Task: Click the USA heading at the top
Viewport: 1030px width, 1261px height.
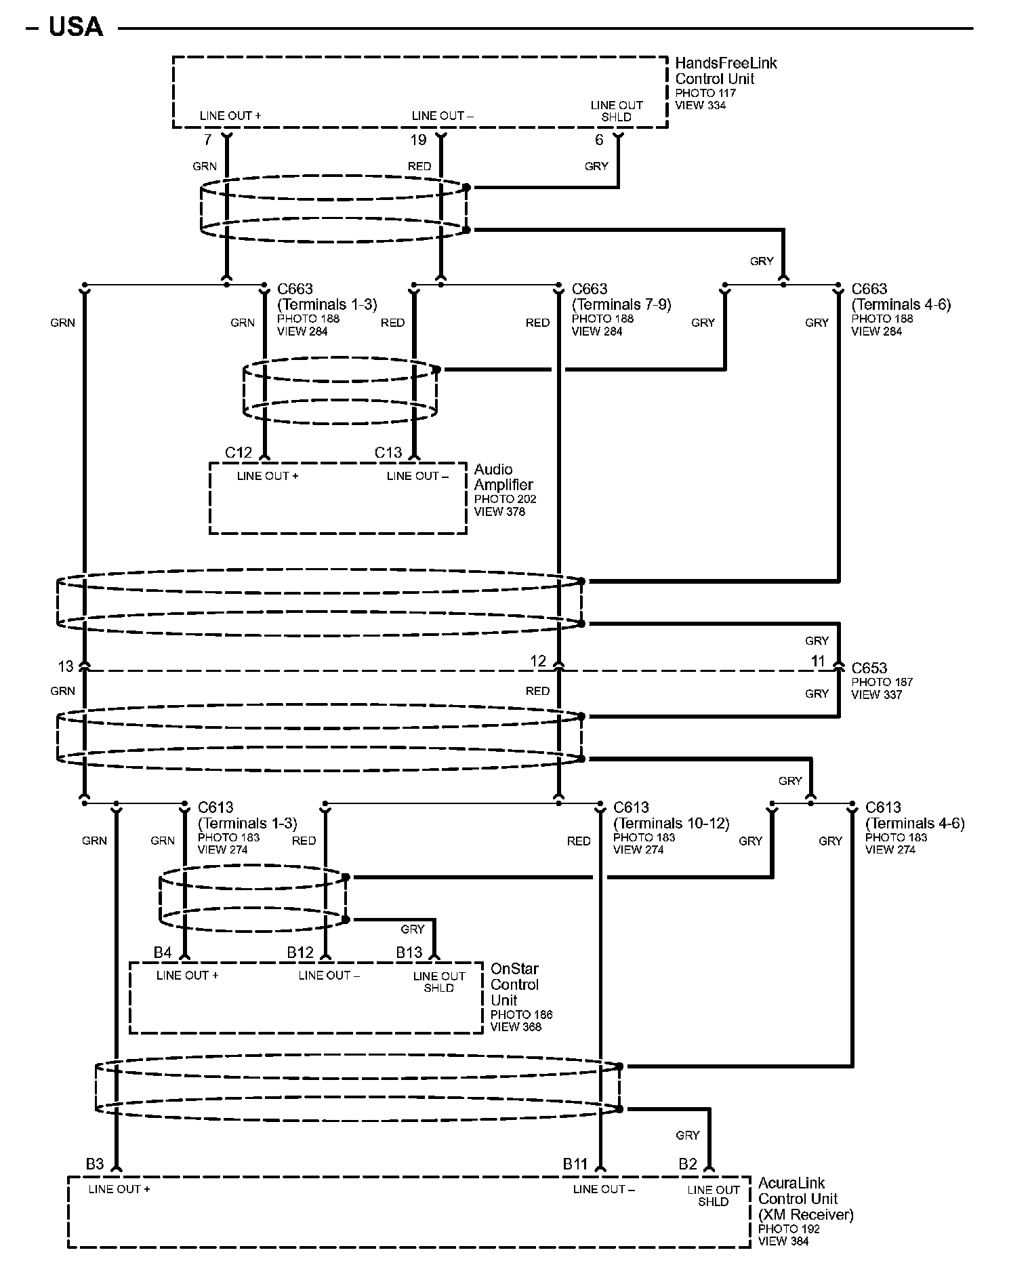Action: (76, 27)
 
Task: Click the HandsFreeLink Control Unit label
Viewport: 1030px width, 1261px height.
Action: (725, 71)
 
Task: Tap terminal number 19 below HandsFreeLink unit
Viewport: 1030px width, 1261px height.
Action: (418, 140)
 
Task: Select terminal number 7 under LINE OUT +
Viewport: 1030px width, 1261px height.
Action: (207, 140)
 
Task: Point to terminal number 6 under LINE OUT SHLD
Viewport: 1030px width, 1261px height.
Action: (599, 140)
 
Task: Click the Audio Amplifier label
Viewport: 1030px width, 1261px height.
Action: (503, 477)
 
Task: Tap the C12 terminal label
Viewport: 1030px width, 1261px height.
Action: (239, 452)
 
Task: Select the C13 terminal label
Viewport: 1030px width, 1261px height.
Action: (388, 452)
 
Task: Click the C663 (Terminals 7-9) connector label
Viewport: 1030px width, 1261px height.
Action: (621, 297)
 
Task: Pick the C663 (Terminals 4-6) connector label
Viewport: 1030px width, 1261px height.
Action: (901, 297)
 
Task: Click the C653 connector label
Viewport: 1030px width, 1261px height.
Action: (869, 668)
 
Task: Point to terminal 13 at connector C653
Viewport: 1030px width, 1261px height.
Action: (65, 666)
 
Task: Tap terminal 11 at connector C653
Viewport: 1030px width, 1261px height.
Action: (819, 661)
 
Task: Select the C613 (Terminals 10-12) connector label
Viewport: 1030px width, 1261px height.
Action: (670, 816)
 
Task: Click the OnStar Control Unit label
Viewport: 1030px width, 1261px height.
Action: (514, 984)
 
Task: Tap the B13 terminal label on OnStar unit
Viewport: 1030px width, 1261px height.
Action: (409, 953)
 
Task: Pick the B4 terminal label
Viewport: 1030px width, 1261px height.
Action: (163, 953)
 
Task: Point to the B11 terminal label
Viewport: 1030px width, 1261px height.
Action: (575, 1164)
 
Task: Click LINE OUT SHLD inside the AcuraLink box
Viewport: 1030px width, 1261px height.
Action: (713, 1195)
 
